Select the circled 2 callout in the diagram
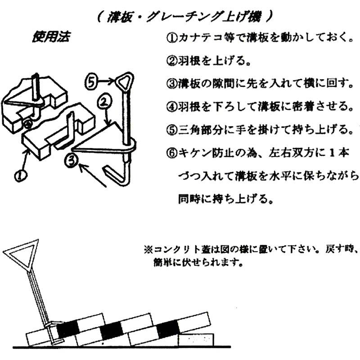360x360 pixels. click(x=103, y=102)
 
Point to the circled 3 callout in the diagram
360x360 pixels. click(x=72, y=158)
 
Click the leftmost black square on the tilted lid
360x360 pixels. click(x=66, y=329)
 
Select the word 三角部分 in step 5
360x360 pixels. click(x=193, y=130)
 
